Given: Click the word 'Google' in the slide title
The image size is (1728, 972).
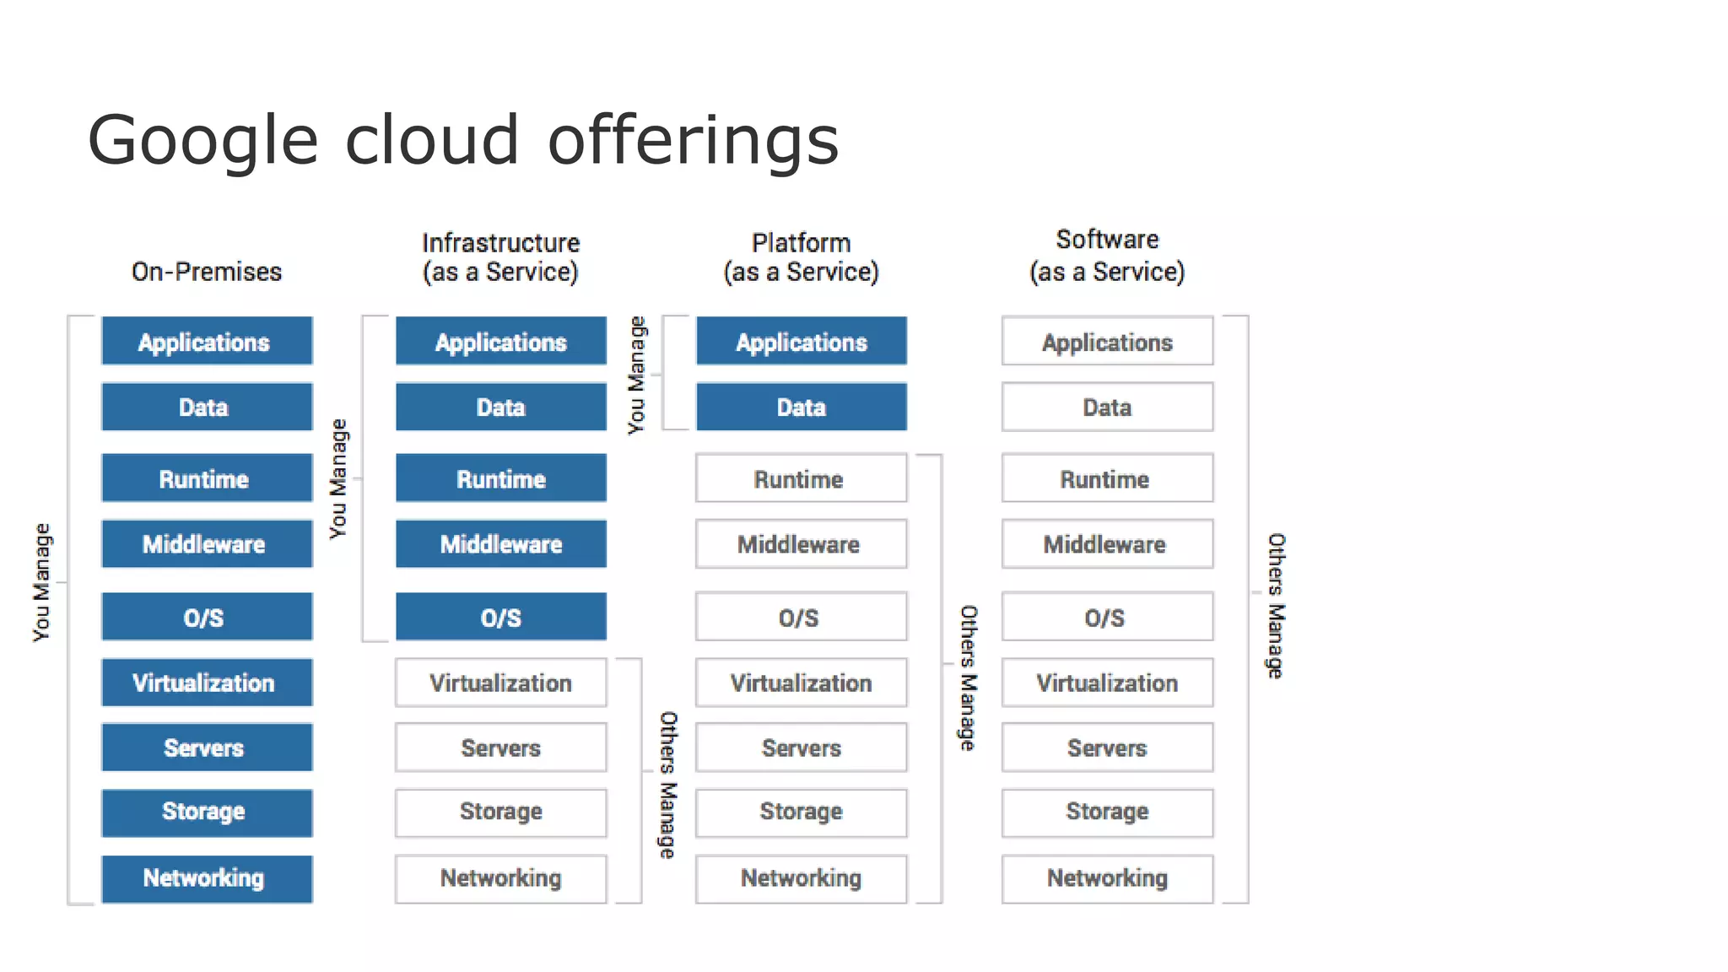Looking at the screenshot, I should pos(202,142).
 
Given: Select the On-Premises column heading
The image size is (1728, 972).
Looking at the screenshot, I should pos(207,272).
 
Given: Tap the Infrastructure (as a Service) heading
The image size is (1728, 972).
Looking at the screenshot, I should pos(500,257).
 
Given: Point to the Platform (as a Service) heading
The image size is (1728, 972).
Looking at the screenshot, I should pos(801,257).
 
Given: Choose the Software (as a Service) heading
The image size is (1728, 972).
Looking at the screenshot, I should pos(1107,256).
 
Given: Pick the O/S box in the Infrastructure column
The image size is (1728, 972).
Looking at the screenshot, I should pos(500,617).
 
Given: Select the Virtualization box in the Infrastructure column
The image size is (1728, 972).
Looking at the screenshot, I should pos(500,683).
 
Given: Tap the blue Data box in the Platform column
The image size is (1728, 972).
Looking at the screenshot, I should pos(801,408).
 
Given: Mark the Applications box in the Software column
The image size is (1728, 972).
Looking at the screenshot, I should pos(1107,342).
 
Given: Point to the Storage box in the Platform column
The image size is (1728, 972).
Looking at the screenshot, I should pos(801,812).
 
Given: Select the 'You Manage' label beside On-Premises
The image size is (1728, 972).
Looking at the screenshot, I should pos(41,582).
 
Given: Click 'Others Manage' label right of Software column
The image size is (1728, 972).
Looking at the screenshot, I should pos(1276,605).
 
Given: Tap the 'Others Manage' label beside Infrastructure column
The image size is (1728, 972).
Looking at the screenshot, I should pos(667,785).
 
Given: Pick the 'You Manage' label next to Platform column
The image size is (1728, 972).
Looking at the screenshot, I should pos(636,375).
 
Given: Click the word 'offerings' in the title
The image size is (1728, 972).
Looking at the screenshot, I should pos(693,142).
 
